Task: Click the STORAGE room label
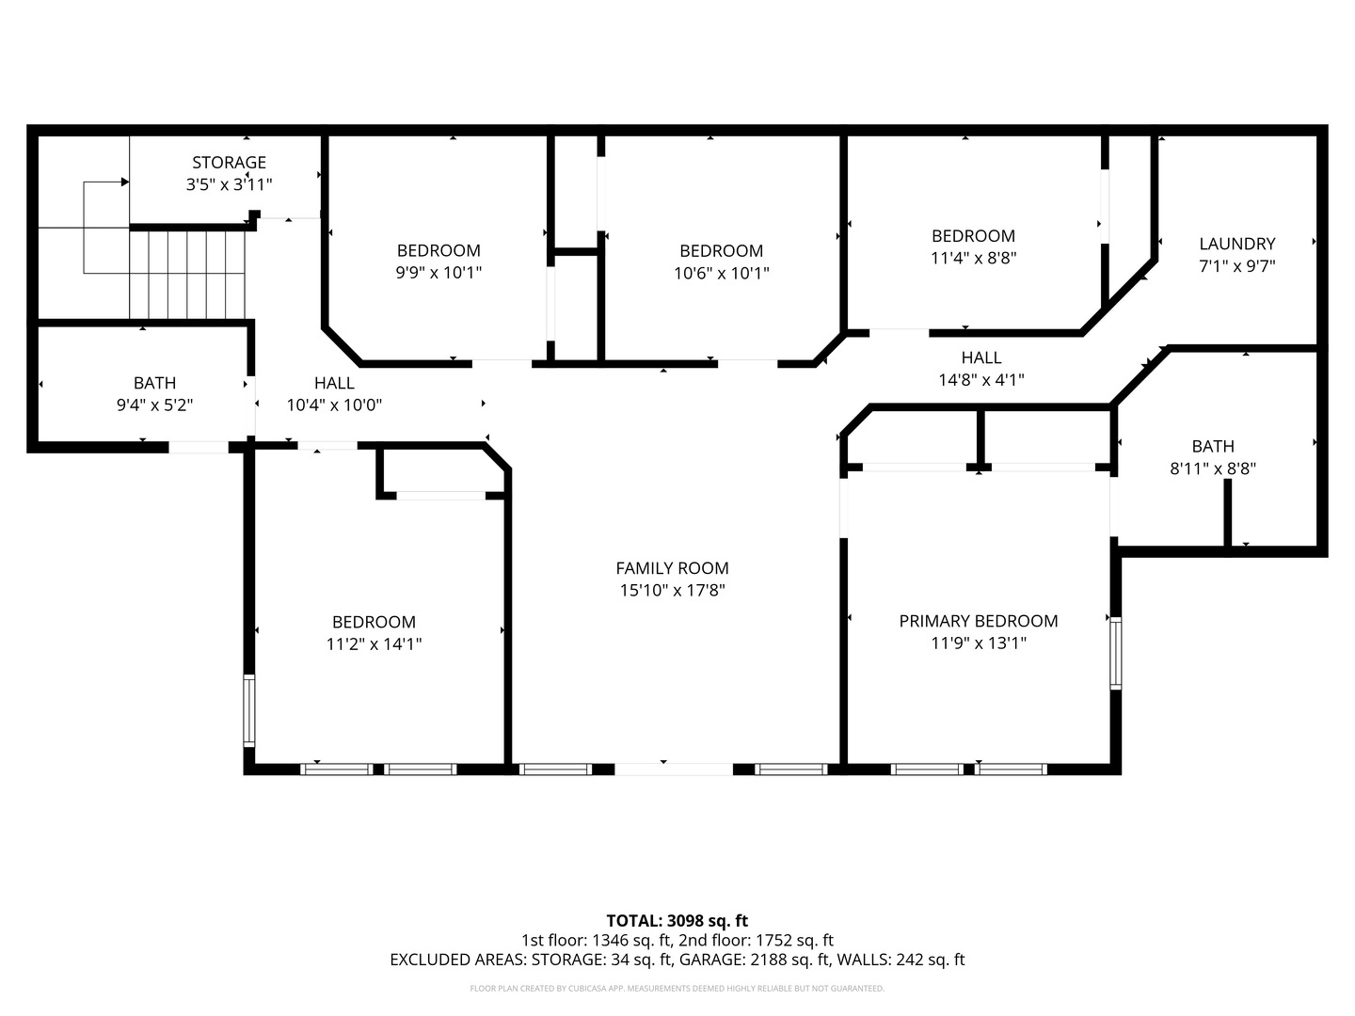click(229, 163)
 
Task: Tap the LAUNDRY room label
click(1236, 244)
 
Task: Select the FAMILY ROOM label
click(672, 568)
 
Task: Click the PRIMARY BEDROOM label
click(978, 621)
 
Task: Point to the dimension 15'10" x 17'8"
click(672, 591)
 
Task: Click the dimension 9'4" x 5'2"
click(154, 405)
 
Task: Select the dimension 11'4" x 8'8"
click(973, 257)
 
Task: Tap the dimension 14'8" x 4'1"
click(980, 380)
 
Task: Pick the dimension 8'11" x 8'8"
click(1213, 468)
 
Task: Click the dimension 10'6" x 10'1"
click(721, 273)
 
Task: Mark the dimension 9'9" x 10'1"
click(438, 273)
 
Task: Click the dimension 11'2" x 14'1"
click(374, 644)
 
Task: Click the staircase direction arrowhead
click(124, 182)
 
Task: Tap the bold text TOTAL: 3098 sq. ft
click(677, 920)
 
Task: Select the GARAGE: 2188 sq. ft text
click(756, 960)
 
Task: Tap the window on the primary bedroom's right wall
click(1115, 653)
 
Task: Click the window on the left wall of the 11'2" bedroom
click(249, 710)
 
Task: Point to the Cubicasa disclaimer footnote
click(677, 989)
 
